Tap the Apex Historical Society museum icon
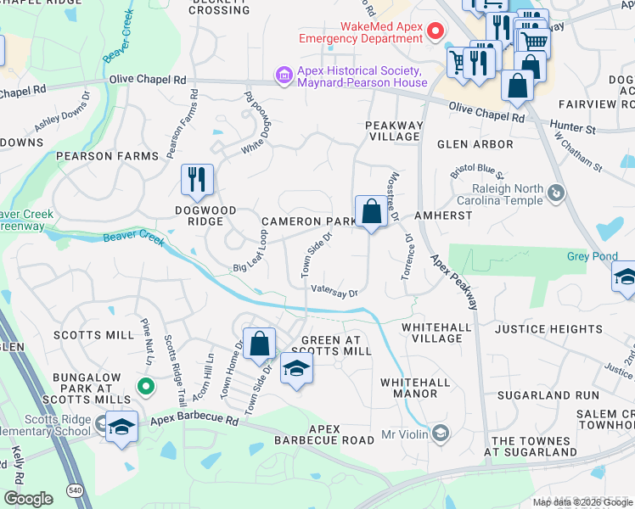(x=284, y=77)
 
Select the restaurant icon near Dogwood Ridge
(x=197, y=180)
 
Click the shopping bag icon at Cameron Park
(x=371, y=212)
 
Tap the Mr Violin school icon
(x=440, y=434)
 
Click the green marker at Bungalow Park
(x=146, y=388)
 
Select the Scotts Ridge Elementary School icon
(x=121, y=427)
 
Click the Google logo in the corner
(x=28, y=499)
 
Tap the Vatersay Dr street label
(x=334, y=291)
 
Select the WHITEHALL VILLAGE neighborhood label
(x=432, y=333)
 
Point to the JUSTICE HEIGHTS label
(x=548, y=329)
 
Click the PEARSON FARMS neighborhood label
(x=108, y=157)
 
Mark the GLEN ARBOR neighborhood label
(x=475, y=144)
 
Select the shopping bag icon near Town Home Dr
(x=260, y=344)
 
